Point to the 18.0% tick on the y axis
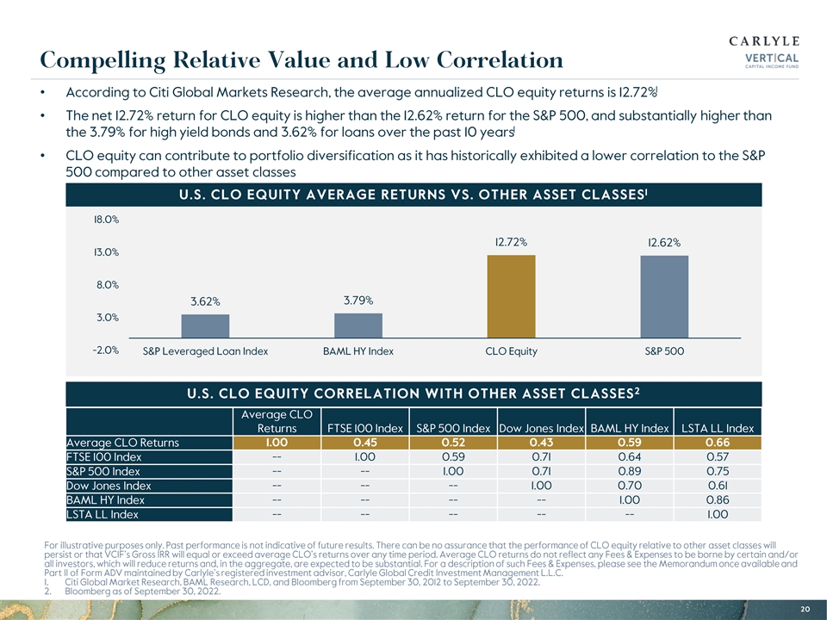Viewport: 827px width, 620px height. point(106,220)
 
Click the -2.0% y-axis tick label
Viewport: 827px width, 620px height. point(105,350)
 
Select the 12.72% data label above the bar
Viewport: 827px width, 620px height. point(511,242)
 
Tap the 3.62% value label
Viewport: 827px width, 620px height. point(206,301)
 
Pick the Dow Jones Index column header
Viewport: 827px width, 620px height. point(542,429)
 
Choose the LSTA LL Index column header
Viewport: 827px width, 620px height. point(717,429)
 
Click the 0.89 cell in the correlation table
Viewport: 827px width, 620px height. point(630,472)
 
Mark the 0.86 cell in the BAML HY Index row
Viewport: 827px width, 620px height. point(717,500)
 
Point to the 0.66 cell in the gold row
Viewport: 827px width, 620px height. point(717,443)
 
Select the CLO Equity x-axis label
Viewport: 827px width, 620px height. point(511,351)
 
